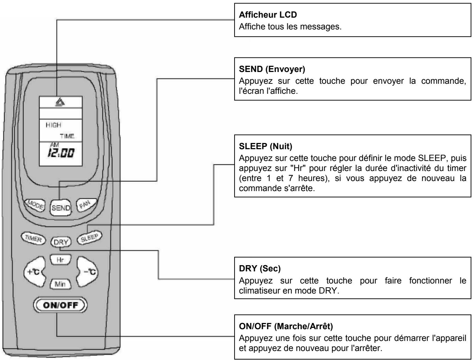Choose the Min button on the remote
(61, 285)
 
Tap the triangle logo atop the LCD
(61, 102)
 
